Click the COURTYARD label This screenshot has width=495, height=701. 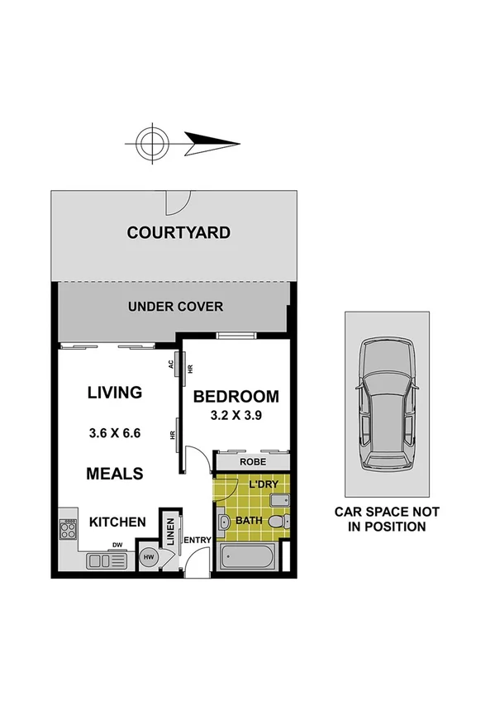pyautogui.click(x=178, y=233)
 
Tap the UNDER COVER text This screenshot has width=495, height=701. pyautogui.click(x=175, y=307)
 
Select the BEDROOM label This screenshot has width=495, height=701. pyautogui.click(x=236, y=397)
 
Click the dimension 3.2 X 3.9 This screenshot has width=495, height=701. pyautogui.click(x=236, y=416)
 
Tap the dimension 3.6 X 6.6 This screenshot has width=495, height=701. pyautogui.click(x=115, y=432)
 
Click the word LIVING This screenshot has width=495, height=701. pyautogui.click(x=115, y=393)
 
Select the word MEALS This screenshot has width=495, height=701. pyautogui.click(x=115, y=474)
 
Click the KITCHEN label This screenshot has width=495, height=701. pyautogui.click(x=117, y=522)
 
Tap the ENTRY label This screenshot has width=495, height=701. pyautogui.click(x=198, y=540)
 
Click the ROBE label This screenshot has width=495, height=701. pyautogui.click(x=253, y=463)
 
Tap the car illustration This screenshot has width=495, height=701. pyautogui.click(x=387, y=405)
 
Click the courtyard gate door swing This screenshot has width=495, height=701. pyautogui.click(x=177, y=201)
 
